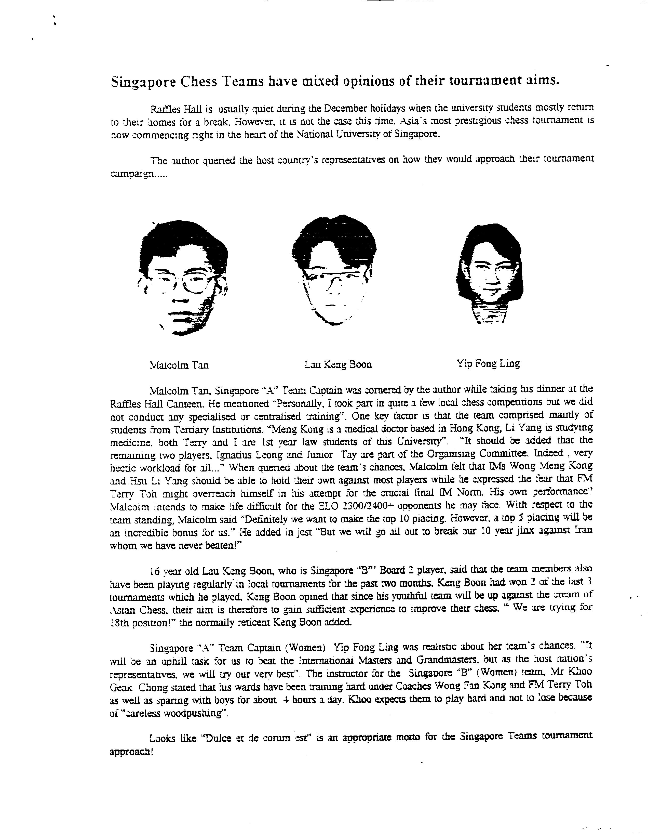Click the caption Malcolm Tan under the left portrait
point(179,365)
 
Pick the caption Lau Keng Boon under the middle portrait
point(338,364)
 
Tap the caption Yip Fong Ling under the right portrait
point(488,363)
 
